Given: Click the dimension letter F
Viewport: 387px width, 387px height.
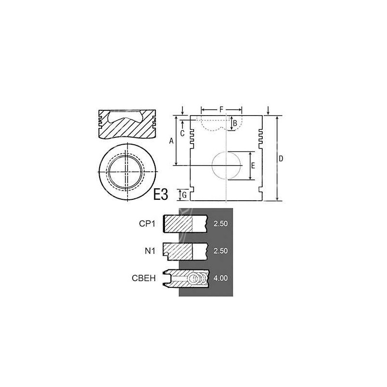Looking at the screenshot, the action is (x=222, y=109).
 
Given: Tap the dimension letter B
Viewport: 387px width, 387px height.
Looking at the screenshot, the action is (x=235, y=123).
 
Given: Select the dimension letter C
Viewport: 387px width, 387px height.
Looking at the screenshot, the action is (x=182, y=134).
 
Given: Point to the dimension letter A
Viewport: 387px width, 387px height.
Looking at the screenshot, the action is (x=171, y=141).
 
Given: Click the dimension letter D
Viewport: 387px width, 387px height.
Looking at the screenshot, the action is (x=281, y=159).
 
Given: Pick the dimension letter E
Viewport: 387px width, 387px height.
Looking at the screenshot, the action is (x=253, y=166).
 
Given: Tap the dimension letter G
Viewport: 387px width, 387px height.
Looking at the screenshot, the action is (x=184, y=195).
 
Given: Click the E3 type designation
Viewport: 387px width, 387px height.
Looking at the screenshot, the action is (x=161, y=194).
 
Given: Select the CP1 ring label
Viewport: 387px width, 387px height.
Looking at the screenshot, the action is (x=147, y=223).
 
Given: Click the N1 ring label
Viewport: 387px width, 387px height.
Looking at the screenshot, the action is (x=150, y=251).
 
